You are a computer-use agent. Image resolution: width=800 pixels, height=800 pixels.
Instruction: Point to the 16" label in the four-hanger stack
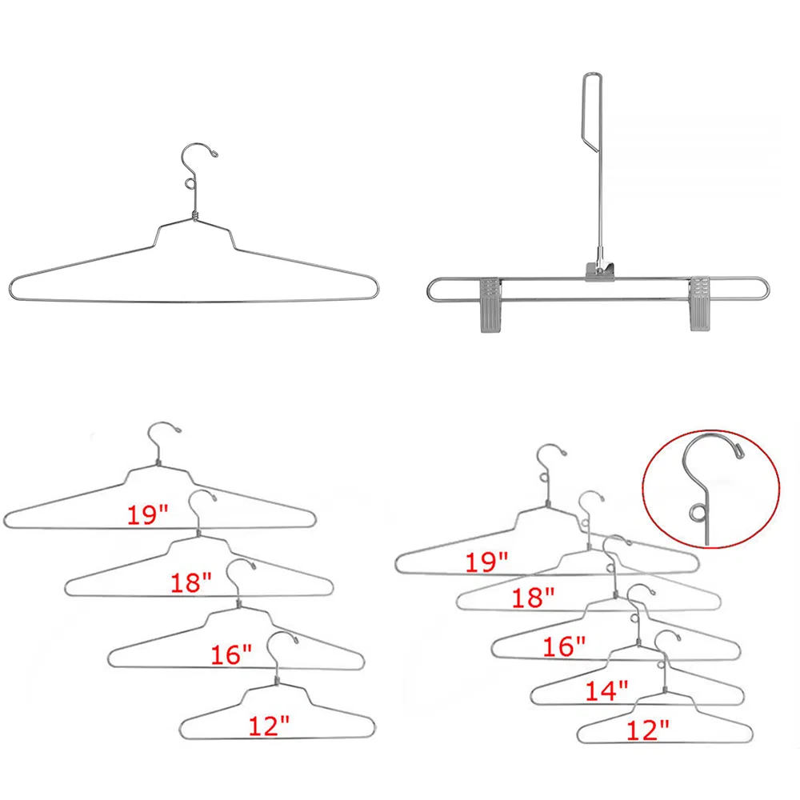(x=232, y=654)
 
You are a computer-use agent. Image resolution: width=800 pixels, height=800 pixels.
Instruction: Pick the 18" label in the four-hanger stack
(x=190, y=582)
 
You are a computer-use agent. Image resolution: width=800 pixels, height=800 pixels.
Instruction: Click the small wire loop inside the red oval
(x=696, y=513)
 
